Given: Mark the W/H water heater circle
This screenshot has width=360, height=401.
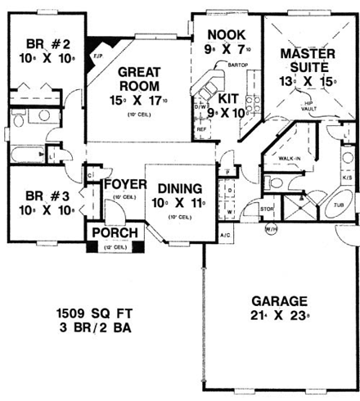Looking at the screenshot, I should [271, 228].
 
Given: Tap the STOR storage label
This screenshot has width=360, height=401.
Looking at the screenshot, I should [266, 210].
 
